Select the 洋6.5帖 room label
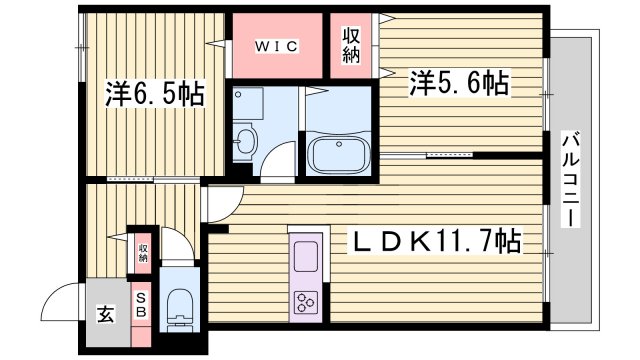click(156, 95)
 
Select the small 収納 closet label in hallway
click(143, 252)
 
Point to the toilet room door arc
click(175, 244)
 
